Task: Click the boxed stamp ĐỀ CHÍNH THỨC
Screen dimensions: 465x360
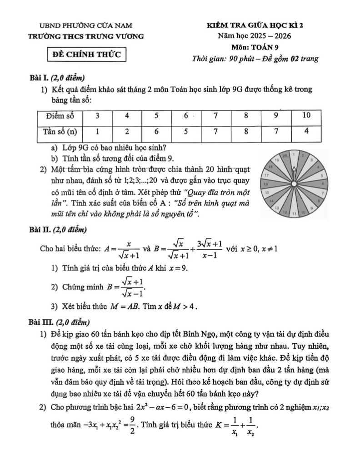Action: coord(88,55)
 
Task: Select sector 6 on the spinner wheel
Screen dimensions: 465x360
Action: coord(321,183)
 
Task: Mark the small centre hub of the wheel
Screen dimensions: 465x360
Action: coord(294,184)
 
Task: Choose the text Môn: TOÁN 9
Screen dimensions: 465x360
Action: coord(255,47)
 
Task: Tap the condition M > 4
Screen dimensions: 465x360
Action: coord(187,306)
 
